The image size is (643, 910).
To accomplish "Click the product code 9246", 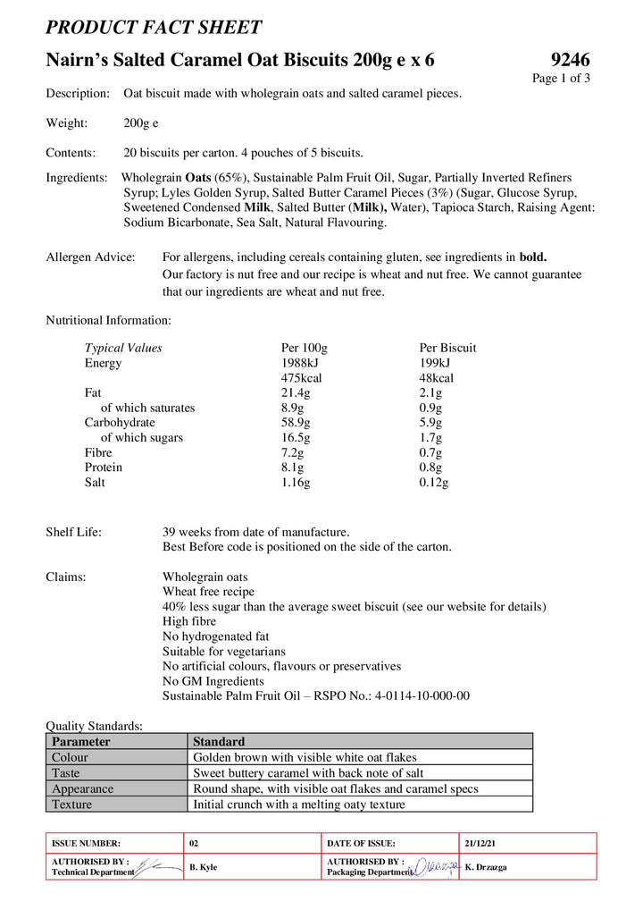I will click(x=570, y=60).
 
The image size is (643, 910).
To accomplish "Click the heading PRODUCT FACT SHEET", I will click(x=154, y=28).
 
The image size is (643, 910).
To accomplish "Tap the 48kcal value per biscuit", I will click(x=436, y=378).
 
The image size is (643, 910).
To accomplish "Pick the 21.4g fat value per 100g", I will click(x=296, y=392).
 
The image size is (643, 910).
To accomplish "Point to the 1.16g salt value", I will click(x=296, y=482).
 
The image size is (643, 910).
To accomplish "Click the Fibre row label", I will click(x=98, y=452).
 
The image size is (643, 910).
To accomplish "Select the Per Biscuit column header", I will click(x=447, y=348).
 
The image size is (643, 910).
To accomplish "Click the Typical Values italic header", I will click(x=123, y=348).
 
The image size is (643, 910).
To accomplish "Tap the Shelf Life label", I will click(x=73, y=532).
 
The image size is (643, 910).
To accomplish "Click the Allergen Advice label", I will click(x=90, y=257).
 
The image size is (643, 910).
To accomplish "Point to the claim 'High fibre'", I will click(x=189, y=621).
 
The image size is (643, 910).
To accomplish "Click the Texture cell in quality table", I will click(x=72, y=804).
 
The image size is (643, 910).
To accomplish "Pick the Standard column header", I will click(x=219, y=741).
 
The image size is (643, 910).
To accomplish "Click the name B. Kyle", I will click(x=204, y=867).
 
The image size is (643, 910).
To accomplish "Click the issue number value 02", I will click(x=195, y=843).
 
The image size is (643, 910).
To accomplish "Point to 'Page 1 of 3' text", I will click(x=561, y=78).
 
